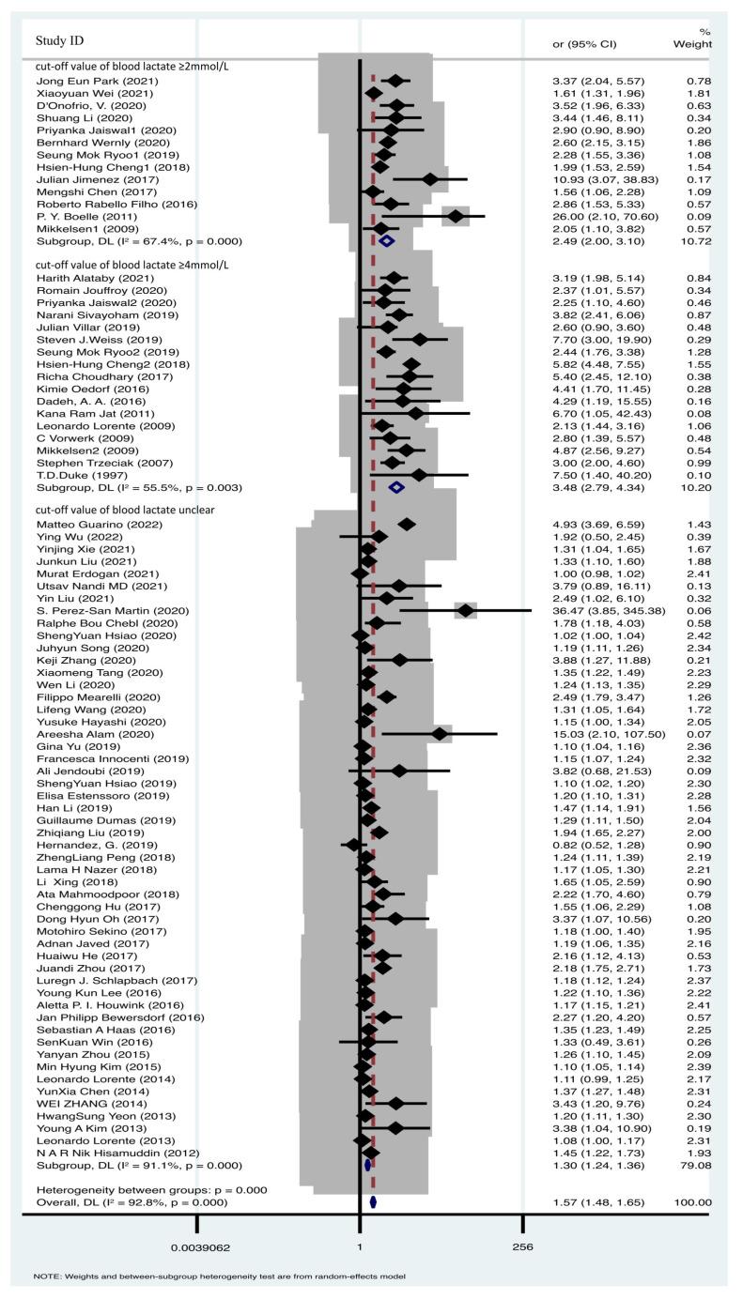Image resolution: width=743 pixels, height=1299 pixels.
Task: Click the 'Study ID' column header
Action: point(62,41)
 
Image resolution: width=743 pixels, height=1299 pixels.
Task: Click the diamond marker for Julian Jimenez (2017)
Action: point(430,178)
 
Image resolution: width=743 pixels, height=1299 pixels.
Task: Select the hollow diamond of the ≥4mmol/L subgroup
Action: point(396,488)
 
